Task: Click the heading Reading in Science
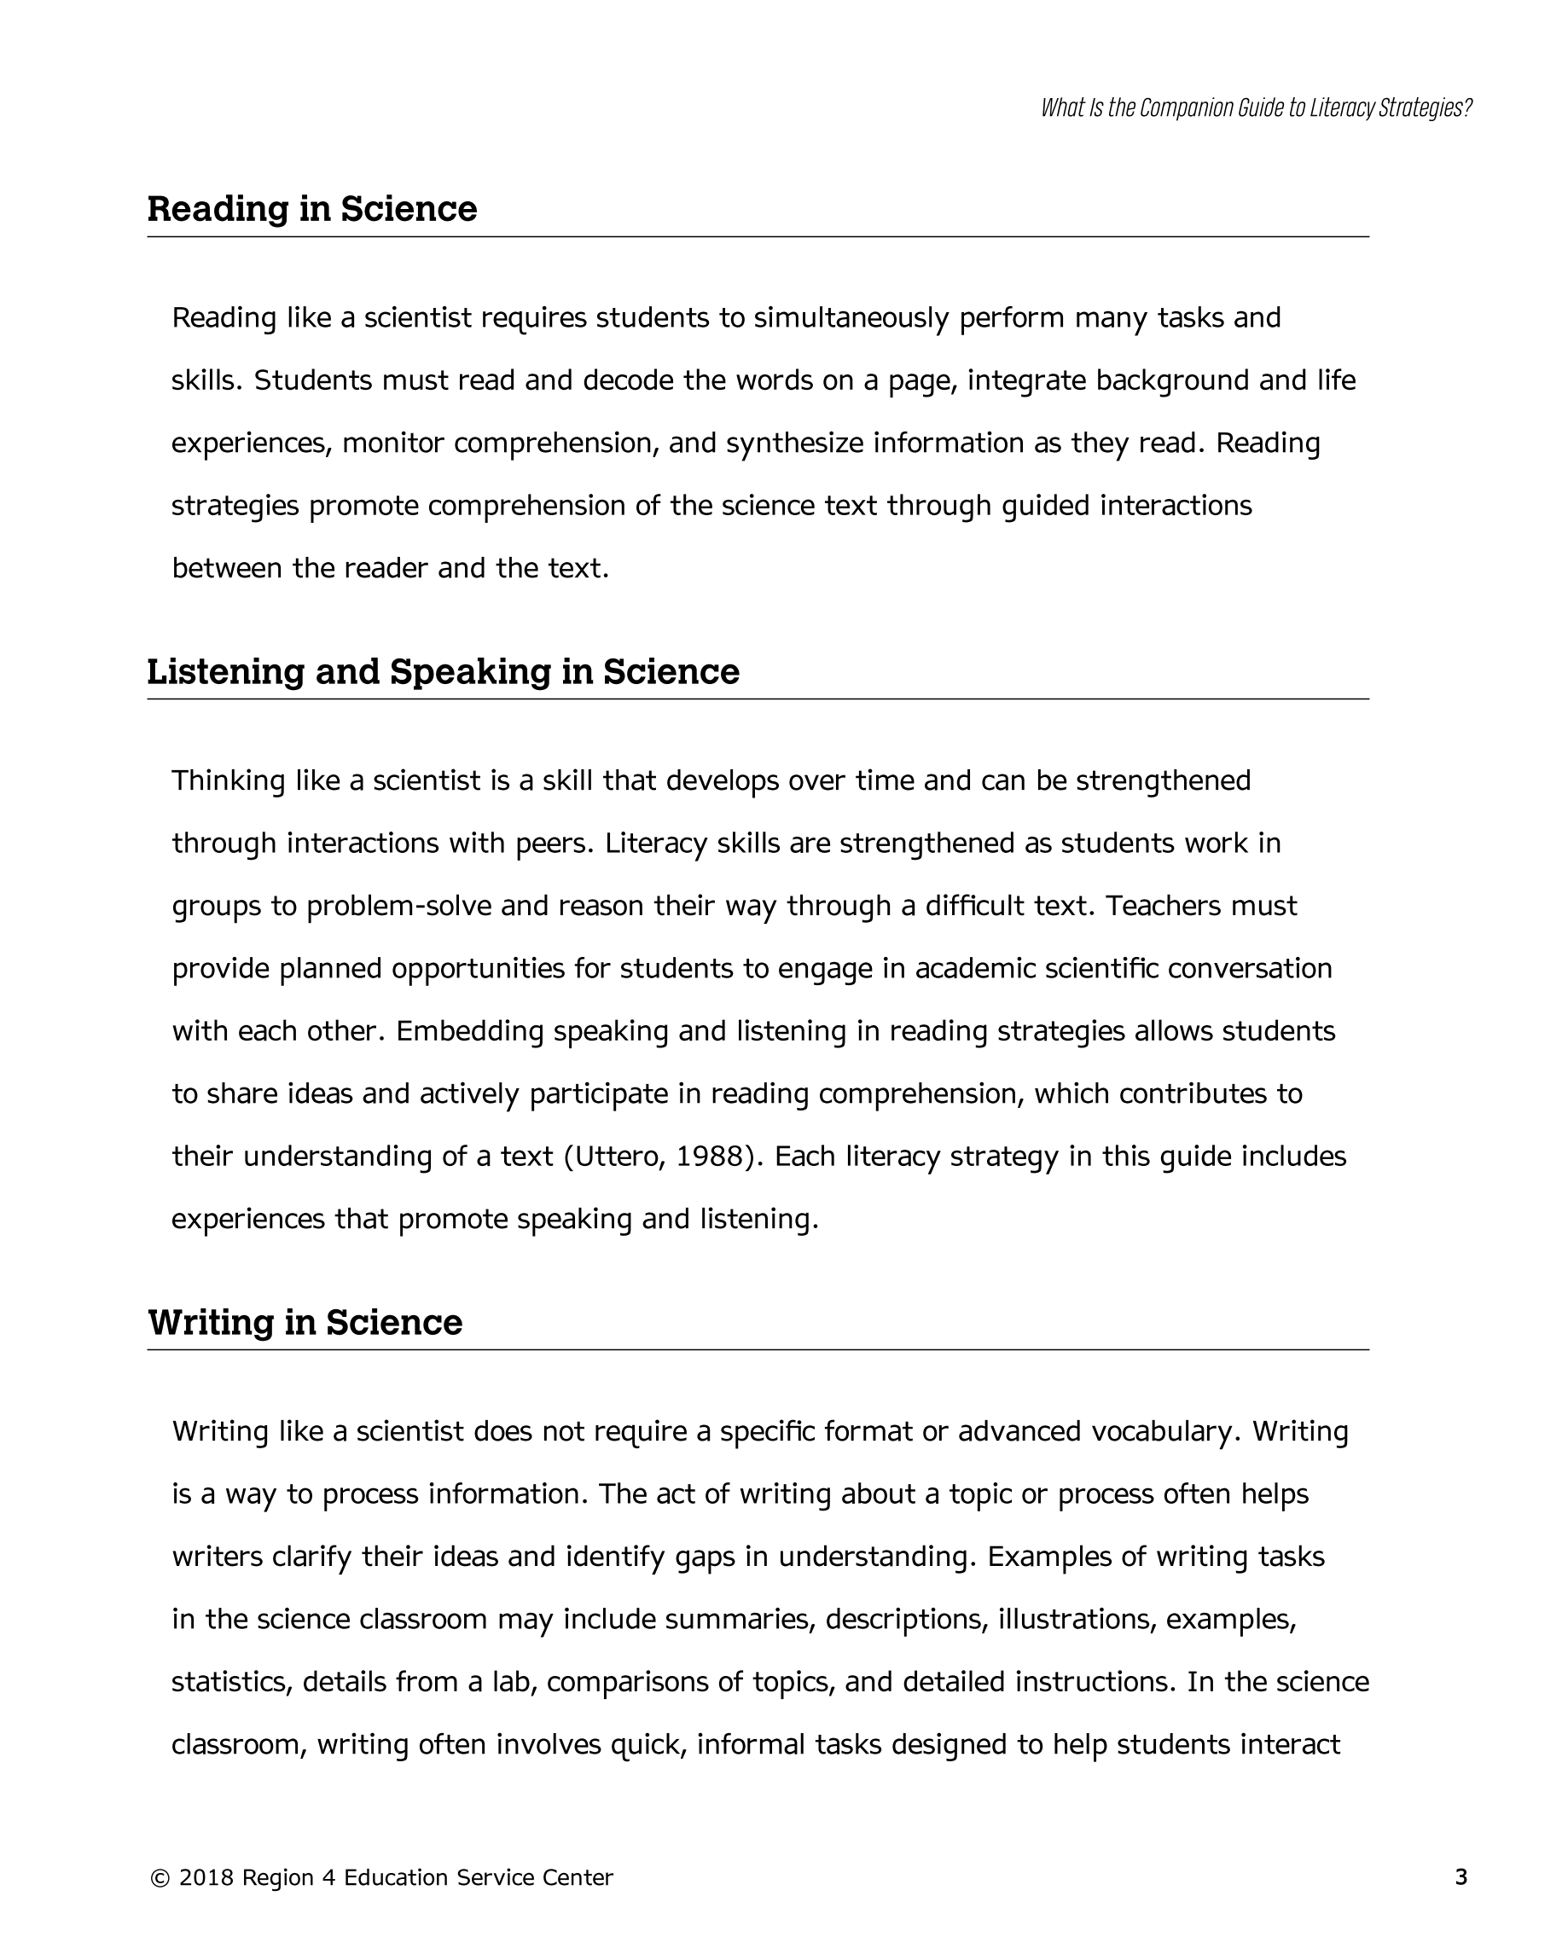coord(312,209)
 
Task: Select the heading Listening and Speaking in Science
coord(443,672)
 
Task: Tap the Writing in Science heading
coord(305,1323)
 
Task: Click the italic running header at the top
coord(1256,108)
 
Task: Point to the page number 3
coord(1461,1877)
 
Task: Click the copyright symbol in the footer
coord(160,1878)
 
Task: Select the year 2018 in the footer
coord(206,1878)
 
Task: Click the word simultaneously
coord(851,318)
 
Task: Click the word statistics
coord(231,1682)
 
